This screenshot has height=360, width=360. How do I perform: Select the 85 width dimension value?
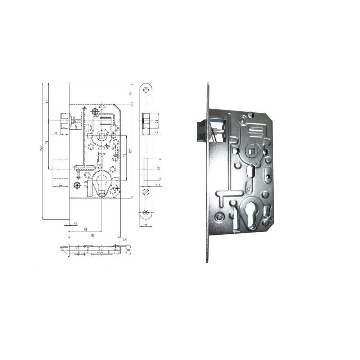tap(93, 235)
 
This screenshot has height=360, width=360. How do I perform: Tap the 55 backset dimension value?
tap(85, 229)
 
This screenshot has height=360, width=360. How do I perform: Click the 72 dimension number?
tap(124, 156)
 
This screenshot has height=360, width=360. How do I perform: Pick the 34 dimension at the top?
tap(130, 94)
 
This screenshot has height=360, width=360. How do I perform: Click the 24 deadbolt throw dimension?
tap(60, 185)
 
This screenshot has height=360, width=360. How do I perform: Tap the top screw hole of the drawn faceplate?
tap(146, 89)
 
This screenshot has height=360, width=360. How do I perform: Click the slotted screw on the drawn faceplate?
tap(146, 191)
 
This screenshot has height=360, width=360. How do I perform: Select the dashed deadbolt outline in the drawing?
tap(60, 169)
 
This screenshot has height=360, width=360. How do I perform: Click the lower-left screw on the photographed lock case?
tap(220, 216)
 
